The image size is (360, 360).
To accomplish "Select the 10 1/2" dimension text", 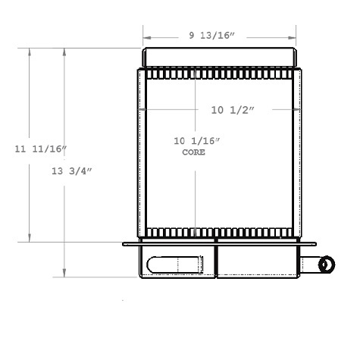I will [x=233, y=110].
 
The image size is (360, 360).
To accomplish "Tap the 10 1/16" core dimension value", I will [x=196, y=140].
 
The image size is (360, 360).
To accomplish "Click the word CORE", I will [x=194, y=152].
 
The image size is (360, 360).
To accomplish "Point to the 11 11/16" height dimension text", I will [x=40, y=149].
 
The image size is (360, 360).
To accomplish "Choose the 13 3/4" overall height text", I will [x=72, y=171].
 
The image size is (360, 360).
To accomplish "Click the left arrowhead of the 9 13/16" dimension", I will [x=146, y=35].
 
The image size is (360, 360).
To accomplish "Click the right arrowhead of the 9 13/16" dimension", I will [x=293, y=35].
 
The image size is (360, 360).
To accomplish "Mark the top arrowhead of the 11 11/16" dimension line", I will [x=30, y=52].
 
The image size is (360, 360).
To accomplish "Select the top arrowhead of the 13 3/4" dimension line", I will [x=65, y=52].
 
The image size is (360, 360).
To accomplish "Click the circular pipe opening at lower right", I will [x=328, y=265].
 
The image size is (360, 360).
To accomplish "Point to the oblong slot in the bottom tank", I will [x=175, y=265].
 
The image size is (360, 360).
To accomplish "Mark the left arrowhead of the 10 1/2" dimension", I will [x=141, y=110].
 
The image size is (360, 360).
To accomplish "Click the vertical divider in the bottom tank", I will [x=218, y=261].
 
